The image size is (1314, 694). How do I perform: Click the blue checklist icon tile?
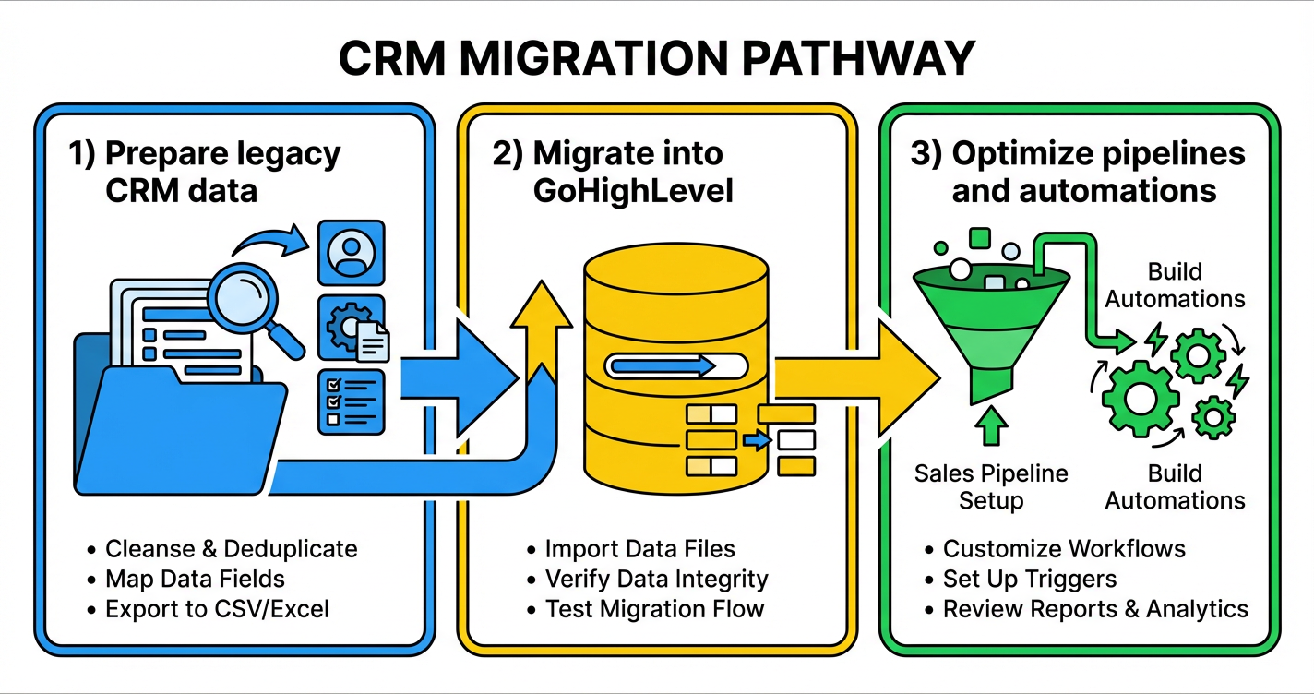[350, 401]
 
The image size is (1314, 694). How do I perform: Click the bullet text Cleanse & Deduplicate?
[231, 549]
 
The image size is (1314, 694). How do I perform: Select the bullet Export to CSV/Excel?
[217, 609]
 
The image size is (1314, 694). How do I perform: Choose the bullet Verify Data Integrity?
[656, 579]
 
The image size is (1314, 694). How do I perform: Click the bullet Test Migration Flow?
[654, 609]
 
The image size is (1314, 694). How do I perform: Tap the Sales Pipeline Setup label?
[990, 487]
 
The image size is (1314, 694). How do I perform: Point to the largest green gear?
[1141, 397]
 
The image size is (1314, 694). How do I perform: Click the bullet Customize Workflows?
[1064, 549]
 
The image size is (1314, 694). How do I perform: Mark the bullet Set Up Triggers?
[1029, 579]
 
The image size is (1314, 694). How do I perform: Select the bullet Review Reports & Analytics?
[1095, 609]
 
